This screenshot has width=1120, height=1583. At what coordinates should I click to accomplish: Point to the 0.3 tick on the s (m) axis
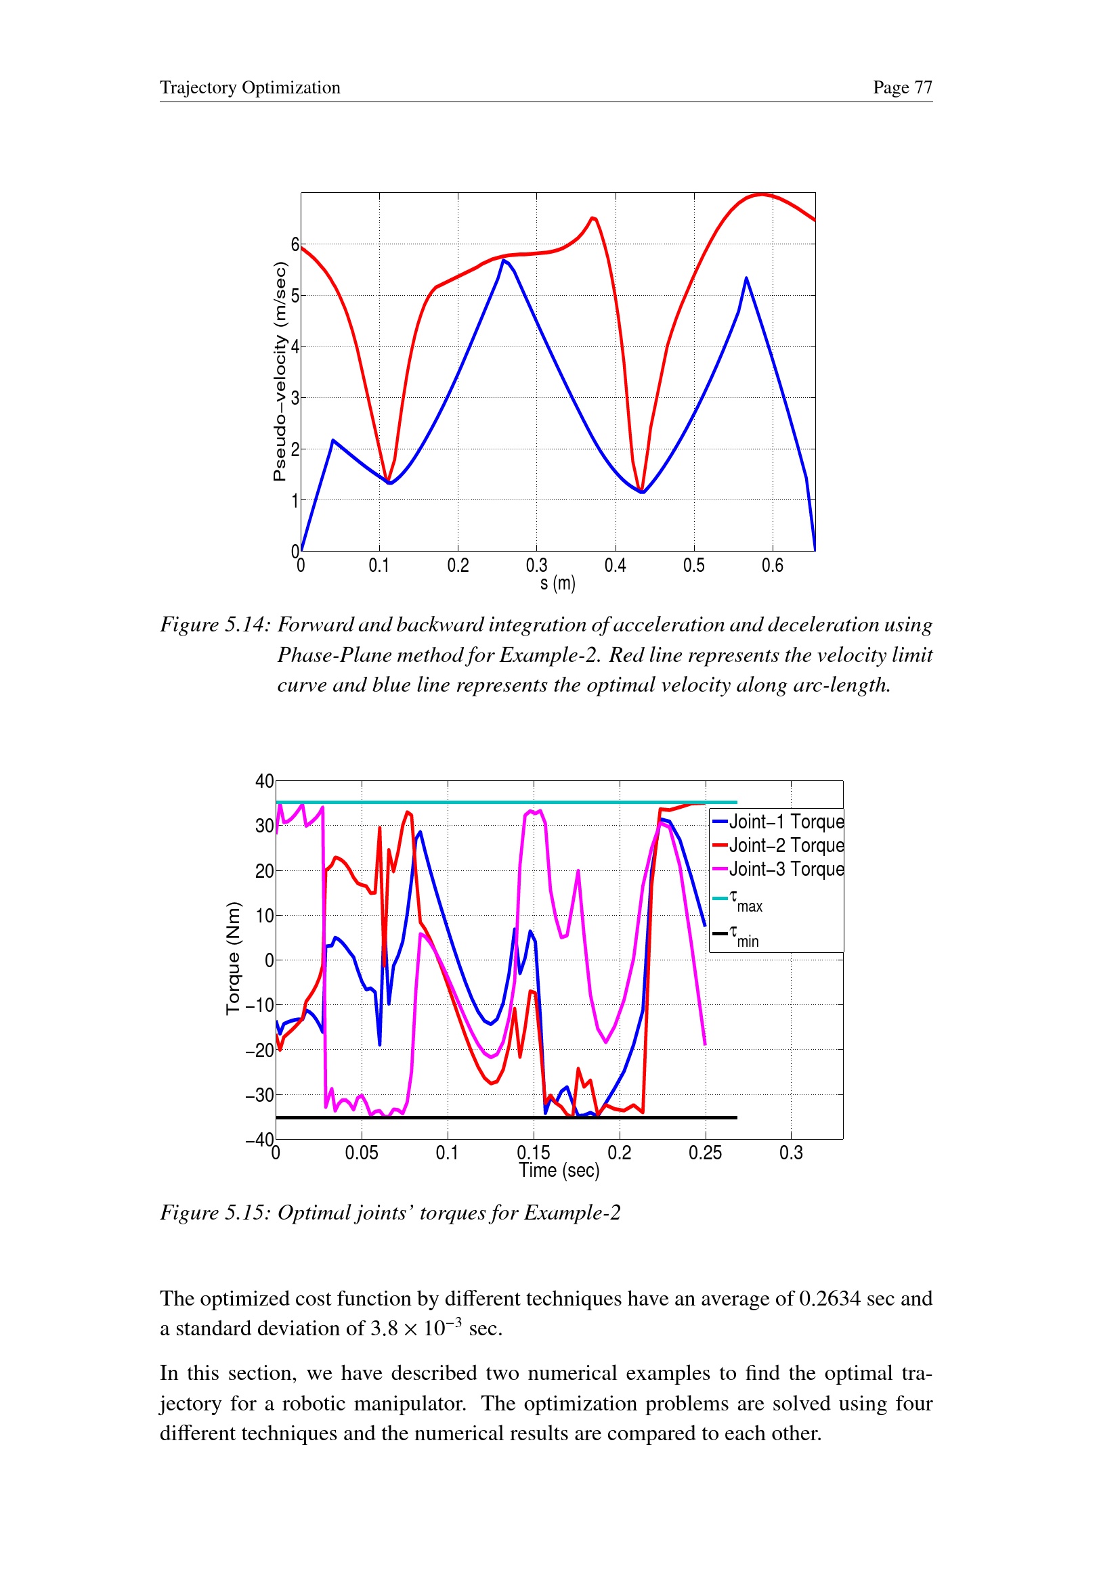(x=536, y=566)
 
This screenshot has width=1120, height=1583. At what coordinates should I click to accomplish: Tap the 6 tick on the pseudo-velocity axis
(x=295, y=245)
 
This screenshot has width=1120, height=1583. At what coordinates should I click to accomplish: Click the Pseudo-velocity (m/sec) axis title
(x=279, y=372)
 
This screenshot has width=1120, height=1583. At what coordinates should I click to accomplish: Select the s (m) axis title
(x=557, y=584)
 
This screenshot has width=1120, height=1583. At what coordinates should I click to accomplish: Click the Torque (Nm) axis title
(x=234, y=958)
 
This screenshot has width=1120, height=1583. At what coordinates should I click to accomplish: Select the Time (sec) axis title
(x=559, y=1171)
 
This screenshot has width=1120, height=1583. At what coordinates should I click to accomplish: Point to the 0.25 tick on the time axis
(x=705, y=1153)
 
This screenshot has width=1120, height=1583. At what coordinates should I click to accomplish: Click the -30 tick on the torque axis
(x=259, y=1095)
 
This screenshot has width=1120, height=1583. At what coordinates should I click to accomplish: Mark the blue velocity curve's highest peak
(x=504, y=260)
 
